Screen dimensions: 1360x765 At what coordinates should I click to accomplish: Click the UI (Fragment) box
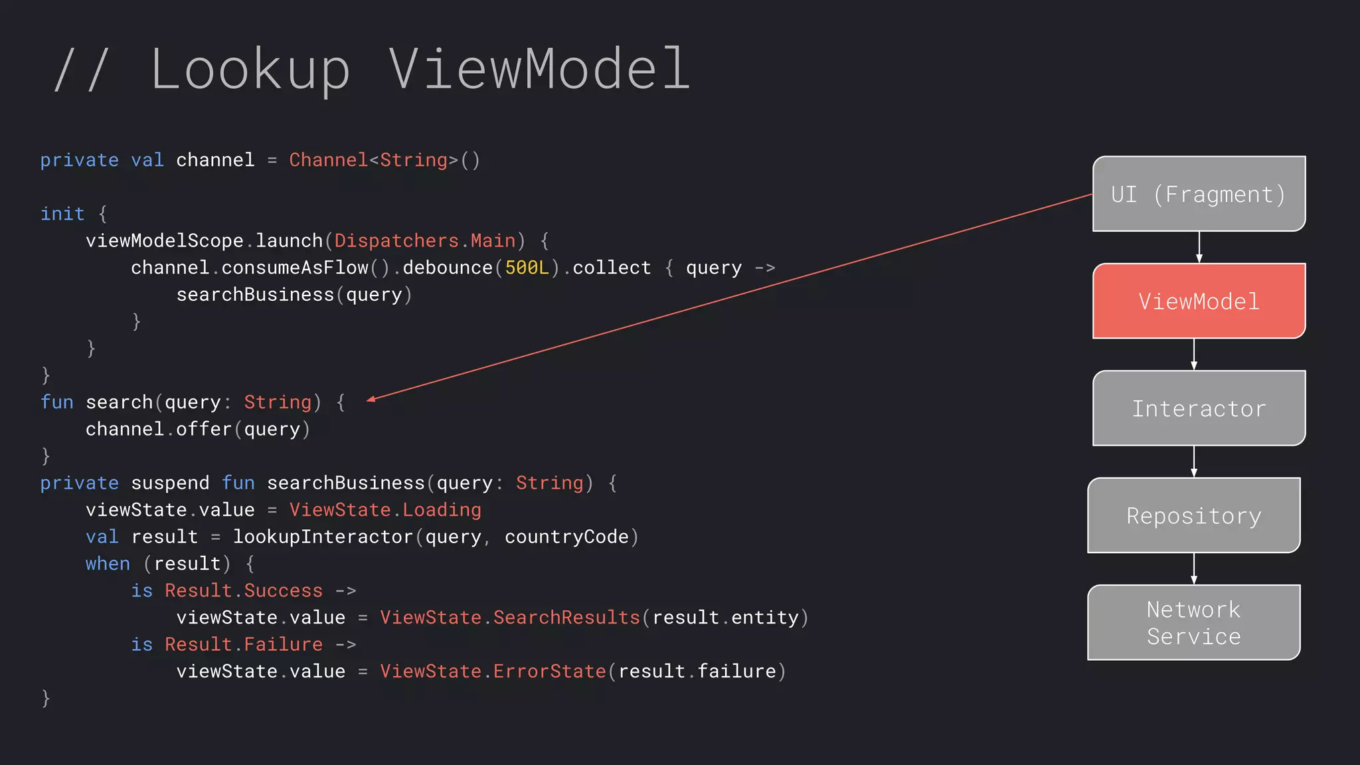pyautogui.click(x=1199, y=194)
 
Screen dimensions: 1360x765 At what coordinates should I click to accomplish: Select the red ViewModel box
pyautogui.click(x=1199, y=301)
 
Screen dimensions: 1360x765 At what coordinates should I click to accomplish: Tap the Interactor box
pyautogui.click(x=1199, y=408)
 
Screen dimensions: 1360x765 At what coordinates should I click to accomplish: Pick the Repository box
pyautogui.click(x=1193, y=515)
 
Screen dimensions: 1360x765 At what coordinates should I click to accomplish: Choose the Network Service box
pyautogui.click(x=1193, y=622)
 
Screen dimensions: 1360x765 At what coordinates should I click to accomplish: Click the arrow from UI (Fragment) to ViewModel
pyautogui.click(x=1199, y=247)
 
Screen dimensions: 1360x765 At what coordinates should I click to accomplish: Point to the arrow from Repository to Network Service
pyautogui.click(x=1193, y=568)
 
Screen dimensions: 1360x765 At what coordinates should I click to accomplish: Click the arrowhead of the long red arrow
pyautogui.click(x=371, y=399)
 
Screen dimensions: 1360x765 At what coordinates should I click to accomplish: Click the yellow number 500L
pyautogui.click(x=527, y=268)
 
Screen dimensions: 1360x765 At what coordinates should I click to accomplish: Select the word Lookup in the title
pyautogui.click(x=250, y=69)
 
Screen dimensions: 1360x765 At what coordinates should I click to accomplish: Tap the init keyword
pyautogui.click(x=62, y=214)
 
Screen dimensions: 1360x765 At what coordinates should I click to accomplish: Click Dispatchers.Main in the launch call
pyautogui.click(x=425, y=240)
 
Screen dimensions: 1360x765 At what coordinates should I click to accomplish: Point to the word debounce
pyautogui.click(x=448, y=268)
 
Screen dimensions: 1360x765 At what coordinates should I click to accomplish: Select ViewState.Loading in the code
pyautogui.click(x=385, y=510)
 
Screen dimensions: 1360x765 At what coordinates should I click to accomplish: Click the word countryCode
pyautogui.click(x=566, y=537)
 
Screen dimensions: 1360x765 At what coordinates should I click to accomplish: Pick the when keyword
pyautogui.click(x=108, y=564)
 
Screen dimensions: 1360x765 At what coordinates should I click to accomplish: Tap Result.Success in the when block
pyautogui.click(x=244, y=590)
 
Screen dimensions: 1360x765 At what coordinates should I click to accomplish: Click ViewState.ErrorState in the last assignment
pyautogui.click(x=493, y=671)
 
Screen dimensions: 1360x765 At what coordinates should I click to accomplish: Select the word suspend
pyautogui.click(x=170, y=483)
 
